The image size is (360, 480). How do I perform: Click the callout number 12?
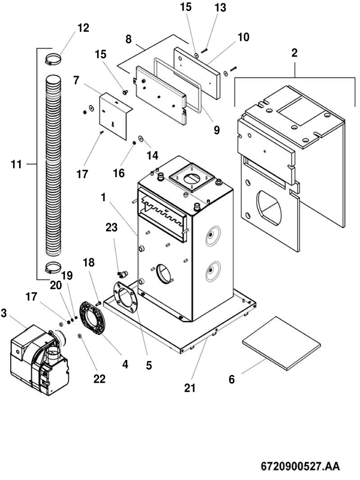pyautogui.click(x=83, y=28)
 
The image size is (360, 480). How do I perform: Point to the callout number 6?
pyautogui.click(x=232, y=379)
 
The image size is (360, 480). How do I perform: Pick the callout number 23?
pyautogui.click(x=111, y=227)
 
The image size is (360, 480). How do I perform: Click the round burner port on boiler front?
pyautogui.click(x=164, y=275)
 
